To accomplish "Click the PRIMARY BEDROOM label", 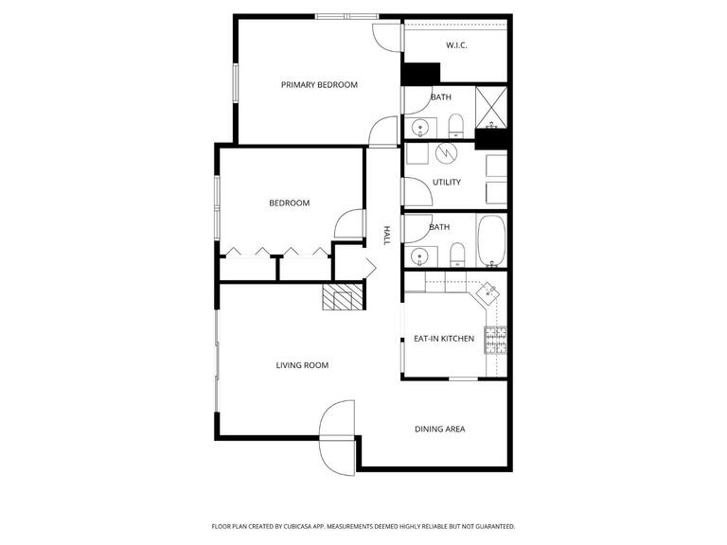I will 319,85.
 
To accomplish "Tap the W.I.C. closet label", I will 457,45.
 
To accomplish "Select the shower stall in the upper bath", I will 490,106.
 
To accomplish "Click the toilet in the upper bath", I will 455,125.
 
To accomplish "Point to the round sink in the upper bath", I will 419,126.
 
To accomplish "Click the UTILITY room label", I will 447,182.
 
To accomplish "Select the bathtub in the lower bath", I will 491,242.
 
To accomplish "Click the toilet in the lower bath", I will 456,254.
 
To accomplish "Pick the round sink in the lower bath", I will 419,255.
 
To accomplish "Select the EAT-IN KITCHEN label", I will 444,339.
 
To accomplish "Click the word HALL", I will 386,236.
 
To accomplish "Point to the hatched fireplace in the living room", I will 342,297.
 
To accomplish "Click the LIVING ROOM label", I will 302,365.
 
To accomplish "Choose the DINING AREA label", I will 439,430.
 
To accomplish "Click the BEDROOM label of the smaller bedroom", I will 289,203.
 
